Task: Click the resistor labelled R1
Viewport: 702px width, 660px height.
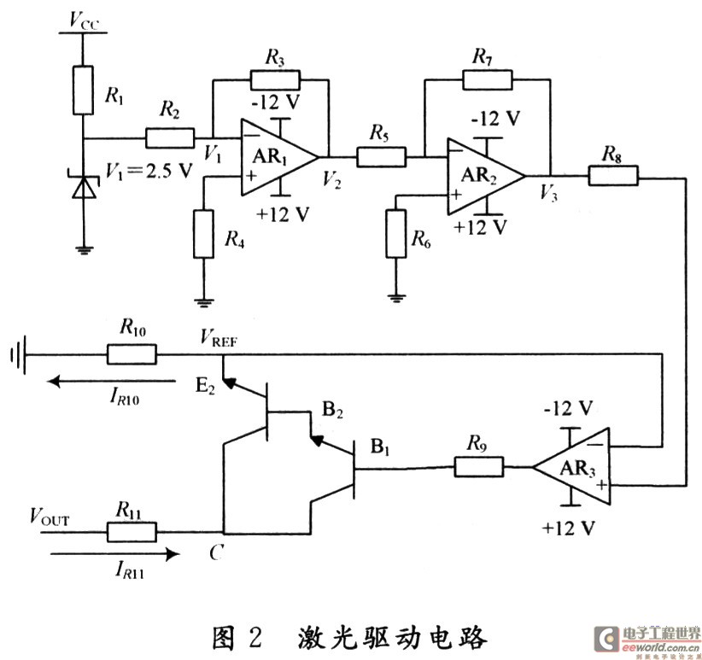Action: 83,90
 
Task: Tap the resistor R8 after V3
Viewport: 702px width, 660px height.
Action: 613,176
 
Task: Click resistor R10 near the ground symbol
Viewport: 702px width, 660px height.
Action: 132,353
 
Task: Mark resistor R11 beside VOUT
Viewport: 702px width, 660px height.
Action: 132,531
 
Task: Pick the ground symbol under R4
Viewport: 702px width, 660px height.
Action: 203,301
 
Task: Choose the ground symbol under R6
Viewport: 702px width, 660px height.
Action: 396,297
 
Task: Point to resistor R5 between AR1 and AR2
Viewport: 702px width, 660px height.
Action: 382,156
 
